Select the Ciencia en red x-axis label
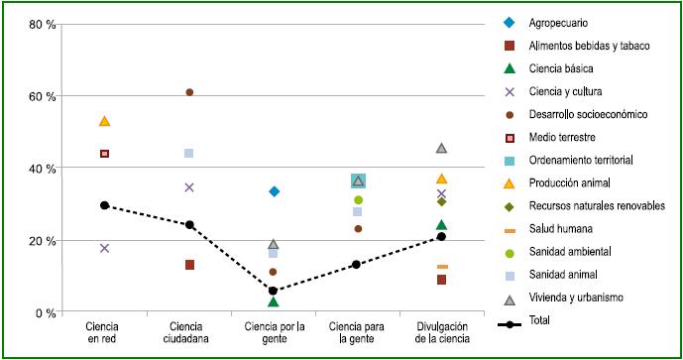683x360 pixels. click(x=104, y=332)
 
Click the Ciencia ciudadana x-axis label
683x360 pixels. click(x=188, y=332)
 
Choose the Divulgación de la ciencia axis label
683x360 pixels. click(x=441, y=332)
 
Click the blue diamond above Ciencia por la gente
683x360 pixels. click(x=274, y=191)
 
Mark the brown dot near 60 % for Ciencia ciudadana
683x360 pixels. click(x=189, y=92)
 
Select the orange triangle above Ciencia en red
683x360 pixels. click(x=104, y=121)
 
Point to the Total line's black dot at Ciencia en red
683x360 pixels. click(x=104, y=205)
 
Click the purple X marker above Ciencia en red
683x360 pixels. click(x=104, y=248)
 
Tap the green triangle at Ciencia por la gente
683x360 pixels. click(x=274, y=301)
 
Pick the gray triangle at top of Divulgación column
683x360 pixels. click(x=442, y=148)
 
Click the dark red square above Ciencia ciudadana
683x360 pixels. click(x=189, y=265)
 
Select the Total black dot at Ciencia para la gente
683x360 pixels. click(x=358, y=265)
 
